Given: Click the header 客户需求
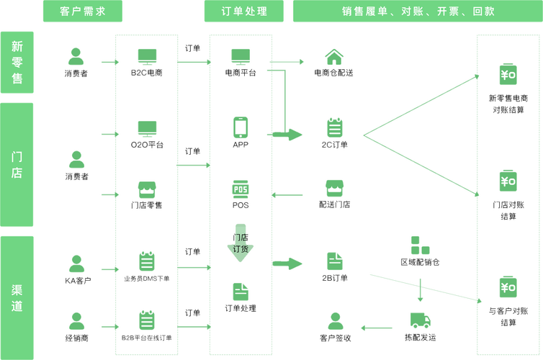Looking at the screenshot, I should [81, 11].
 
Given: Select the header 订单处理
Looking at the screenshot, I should [245, 11].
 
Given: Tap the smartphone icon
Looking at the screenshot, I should [241, 127].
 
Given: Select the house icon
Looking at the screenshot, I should [333, 57].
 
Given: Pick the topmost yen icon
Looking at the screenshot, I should [508, 75].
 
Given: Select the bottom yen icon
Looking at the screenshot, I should [508, 287].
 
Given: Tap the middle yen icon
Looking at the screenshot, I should [508, 181].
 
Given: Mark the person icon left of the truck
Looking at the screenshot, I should [334, 320].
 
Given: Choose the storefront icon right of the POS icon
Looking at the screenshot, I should [333, 189].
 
